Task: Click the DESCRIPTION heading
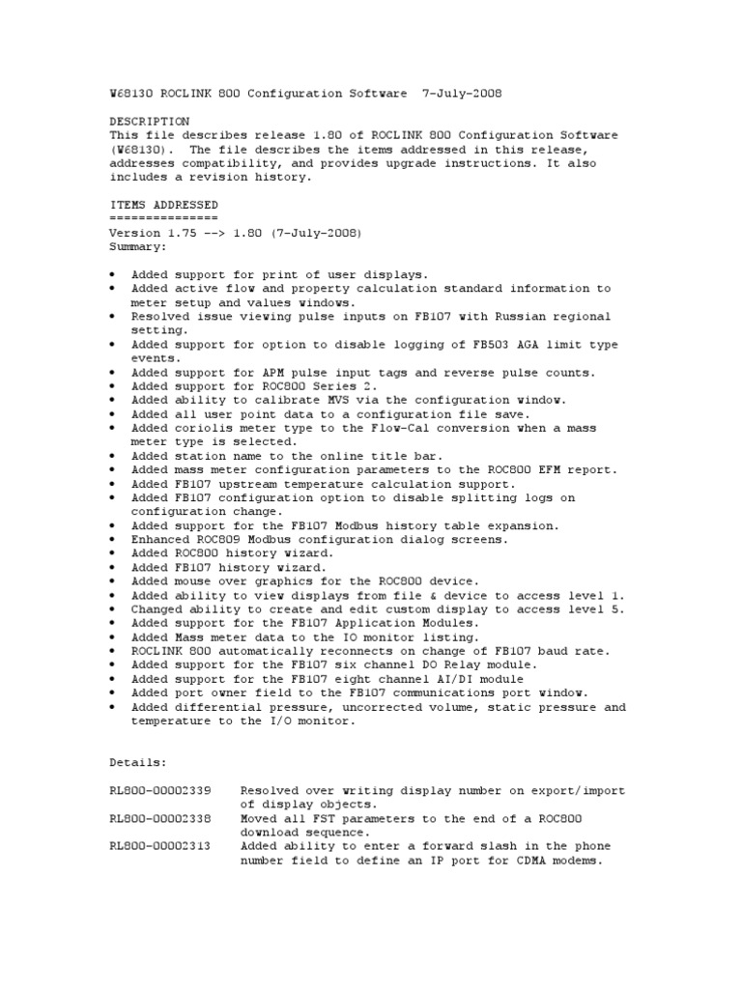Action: tap(150, 122)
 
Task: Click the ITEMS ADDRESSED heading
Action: tap(163, 205)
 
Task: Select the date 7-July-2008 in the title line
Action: tap(463, 94)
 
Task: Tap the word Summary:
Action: tap(138, 246)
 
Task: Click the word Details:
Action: tap(138, 763)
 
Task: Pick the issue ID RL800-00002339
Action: tap(163, 790)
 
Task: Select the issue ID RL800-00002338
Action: tap(163, 818)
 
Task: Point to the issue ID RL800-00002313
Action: tap(163, 846)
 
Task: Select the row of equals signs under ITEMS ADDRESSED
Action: tap(163, 218)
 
